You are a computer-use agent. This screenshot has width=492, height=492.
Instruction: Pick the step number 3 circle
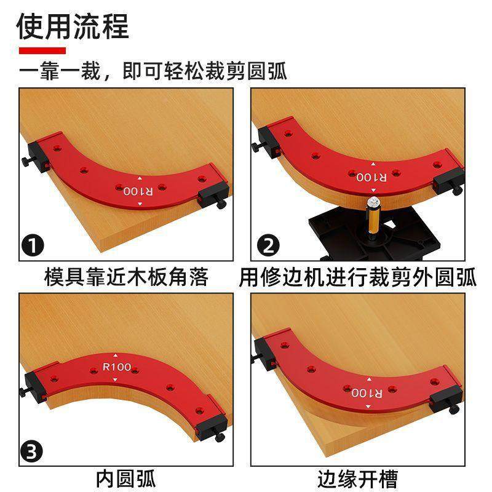pyautogui.click(x=32, y=453)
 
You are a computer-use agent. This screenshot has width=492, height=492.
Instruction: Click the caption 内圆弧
pyautogui.click(x=126, y=478)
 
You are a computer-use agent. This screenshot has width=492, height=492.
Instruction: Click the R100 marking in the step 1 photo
pyautogui.click(x=138, y=191)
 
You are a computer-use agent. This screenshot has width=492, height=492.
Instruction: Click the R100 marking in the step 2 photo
pyautogui.click(x=371, y=177)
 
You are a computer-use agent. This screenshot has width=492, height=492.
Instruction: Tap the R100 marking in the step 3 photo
pyautogui.click(x=117, y=367)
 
